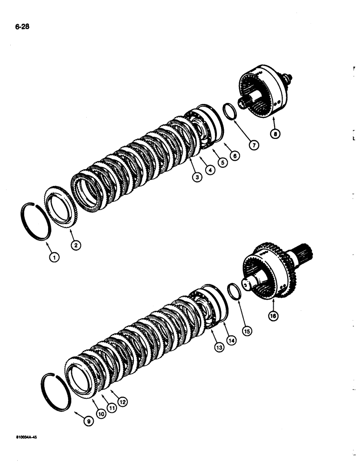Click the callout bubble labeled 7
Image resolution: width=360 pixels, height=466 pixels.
pyautogui.click(x=254, y=145)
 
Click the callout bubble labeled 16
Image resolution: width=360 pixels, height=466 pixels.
pyautogui.click(x=272, y=315)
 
